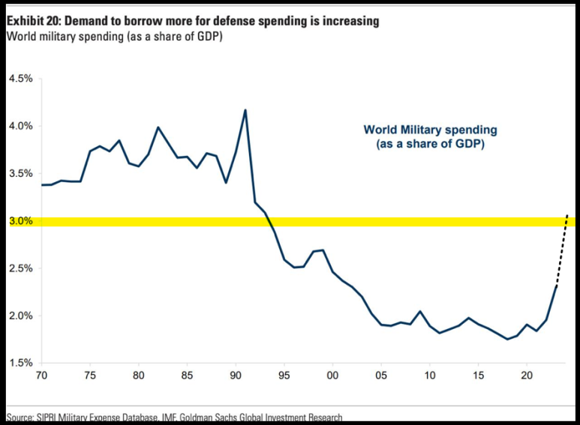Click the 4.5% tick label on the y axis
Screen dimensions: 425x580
tap(21, 79)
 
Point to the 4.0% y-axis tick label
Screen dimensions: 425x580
tap(21, 126)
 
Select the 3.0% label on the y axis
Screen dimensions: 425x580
tap(21, 221)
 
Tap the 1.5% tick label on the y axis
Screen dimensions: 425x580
tap(21, 363)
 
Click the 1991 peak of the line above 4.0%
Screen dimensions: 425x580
tap(245, 110)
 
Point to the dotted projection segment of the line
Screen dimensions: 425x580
tap(562, 250)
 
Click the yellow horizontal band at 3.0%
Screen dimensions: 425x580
tap(300, 221)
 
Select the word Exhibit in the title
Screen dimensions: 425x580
tap(26, 21)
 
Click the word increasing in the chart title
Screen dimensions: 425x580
tap(348, 21)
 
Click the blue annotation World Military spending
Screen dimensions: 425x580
tap(431, 130)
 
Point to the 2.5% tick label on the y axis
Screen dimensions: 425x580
tap(21, 268)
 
